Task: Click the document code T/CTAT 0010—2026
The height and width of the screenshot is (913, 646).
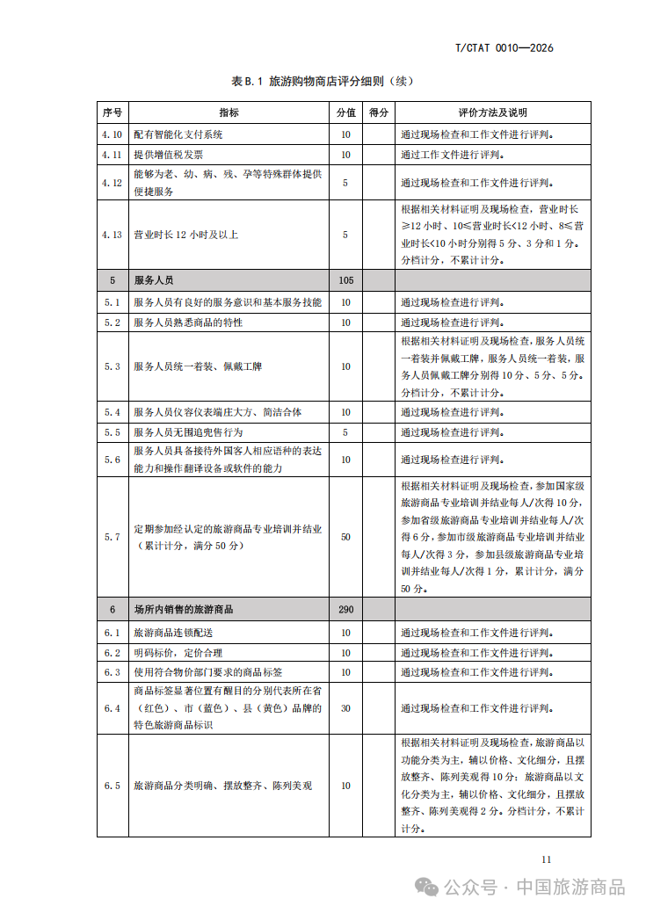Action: point(504,47)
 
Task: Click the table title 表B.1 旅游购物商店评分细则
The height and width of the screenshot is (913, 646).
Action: point(321,81)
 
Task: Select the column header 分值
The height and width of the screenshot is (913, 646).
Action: point(345,112)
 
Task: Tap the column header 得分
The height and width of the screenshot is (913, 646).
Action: point(379,112)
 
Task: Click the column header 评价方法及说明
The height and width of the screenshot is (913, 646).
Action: point(492,112)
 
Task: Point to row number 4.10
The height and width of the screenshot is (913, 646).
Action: point(112,134)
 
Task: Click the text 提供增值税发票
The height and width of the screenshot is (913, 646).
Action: point(168,154)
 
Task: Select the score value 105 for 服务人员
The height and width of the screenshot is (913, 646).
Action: point(345,280)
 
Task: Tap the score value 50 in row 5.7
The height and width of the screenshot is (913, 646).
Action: point(345,536)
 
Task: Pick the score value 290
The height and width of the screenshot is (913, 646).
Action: point(345,609)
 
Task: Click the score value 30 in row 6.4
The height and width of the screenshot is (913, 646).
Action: point(345,708)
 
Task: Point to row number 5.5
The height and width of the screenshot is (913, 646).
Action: point(112,432)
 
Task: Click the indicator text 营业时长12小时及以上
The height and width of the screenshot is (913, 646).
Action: point(185,235)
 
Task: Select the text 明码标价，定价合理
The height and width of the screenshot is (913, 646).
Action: point(178,653)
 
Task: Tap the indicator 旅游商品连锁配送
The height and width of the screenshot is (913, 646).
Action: point(173,633)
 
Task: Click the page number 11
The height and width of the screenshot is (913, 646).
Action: point(546,859)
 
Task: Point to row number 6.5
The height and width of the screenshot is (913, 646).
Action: point(112,786)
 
